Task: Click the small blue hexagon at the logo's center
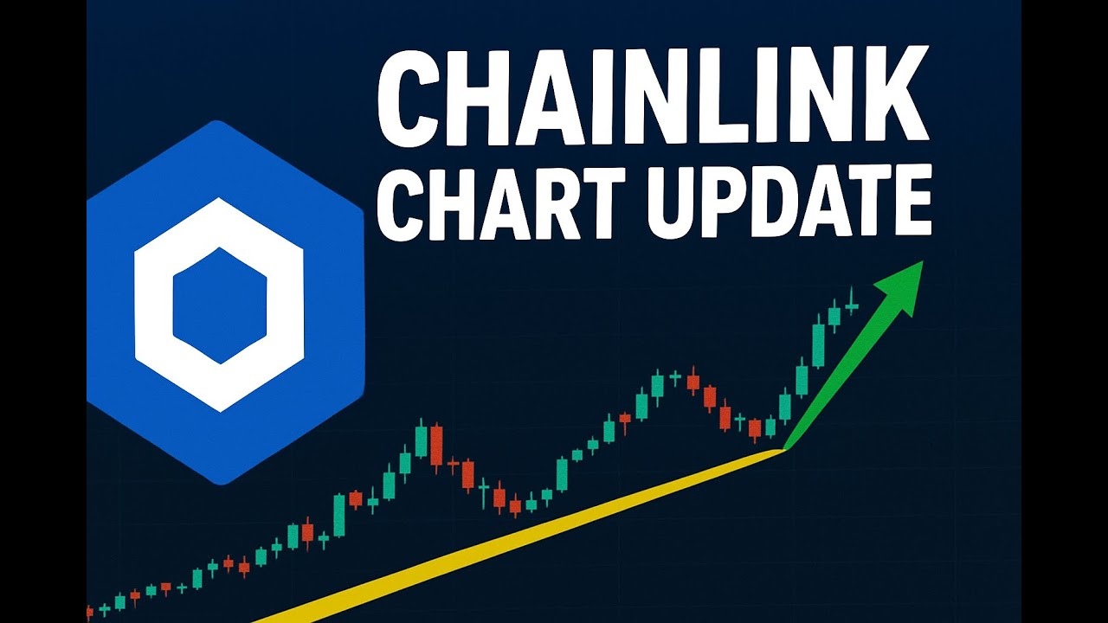point(219,305)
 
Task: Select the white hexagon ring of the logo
point(151,305)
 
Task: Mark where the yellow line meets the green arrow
point(783,449)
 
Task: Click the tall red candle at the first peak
point(436,445)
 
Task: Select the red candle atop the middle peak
point(692,381)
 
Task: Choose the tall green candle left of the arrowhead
point(818,344)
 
